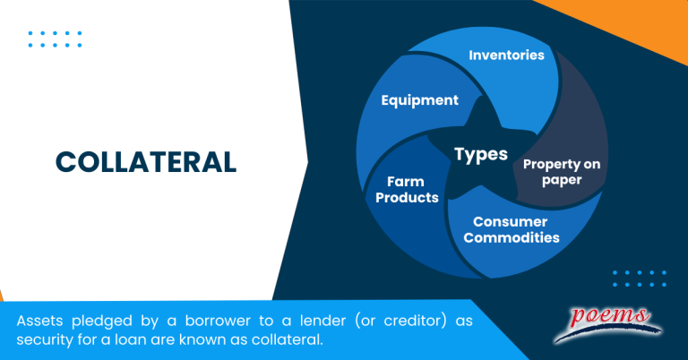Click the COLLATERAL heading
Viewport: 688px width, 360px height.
146,161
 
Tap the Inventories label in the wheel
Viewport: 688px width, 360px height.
506,55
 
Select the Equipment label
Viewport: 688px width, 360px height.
419,100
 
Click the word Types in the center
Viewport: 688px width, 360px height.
481,154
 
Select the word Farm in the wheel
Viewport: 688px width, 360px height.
405,181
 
